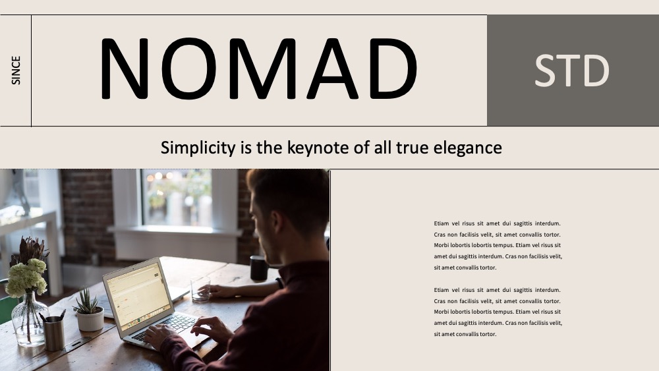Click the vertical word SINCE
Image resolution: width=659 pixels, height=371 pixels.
(16, 70)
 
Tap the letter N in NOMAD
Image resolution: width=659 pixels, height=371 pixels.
(125, 69)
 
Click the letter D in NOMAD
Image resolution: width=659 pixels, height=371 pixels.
(393, 69)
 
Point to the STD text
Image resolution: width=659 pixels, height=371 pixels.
(571, 71)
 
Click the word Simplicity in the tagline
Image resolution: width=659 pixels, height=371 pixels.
(198, 148)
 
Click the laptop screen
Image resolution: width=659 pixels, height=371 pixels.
(138, 297)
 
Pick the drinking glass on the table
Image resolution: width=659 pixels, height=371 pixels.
(200, 289)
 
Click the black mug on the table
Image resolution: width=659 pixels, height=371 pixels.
(258, 268)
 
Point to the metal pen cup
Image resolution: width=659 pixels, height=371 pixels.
(54, 333)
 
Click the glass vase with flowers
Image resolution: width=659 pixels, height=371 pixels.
(28, 320)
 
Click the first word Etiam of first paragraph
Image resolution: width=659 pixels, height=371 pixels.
(442, 223)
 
